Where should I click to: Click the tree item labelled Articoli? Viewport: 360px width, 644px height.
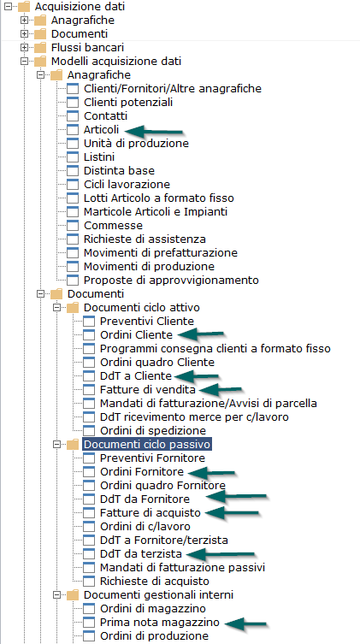pyautogui.click(x=102, y=130)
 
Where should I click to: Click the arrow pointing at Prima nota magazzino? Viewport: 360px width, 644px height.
pyautogui.click(x=246, y=623)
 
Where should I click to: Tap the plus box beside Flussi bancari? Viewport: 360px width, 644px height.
pyautogui.click(x=24, y=48)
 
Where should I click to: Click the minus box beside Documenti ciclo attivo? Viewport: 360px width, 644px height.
pyautogui.click(x=56, y=308)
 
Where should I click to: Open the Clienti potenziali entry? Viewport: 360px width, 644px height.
pyautogui.click(x=128, y=103)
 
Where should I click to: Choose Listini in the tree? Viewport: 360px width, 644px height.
pyautogui.click(x=99, y=157)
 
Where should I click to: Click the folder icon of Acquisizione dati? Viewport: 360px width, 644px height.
pyautogui.click(x=24, y=7)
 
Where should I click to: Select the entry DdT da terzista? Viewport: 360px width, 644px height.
pyautogui.click(x=141, y=553)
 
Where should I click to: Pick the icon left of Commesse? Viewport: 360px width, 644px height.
pyautogui.click(x=73, y=226)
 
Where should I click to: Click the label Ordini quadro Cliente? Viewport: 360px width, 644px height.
pyautogui.click(x=157, y=363)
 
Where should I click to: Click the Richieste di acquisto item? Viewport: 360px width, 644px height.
pyautogui.click(x=155, y=582)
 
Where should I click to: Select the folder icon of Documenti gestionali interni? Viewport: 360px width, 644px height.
pyautogui.click(x=73, y=594)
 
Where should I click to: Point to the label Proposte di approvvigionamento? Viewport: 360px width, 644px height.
pyautogui.click(x=171, y=281)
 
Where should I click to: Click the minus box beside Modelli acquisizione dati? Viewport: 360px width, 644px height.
pyautogui.click(x=24, y=62)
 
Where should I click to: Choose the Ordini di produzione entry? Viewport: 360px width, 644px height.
pyautogui.click(x=154, y=635)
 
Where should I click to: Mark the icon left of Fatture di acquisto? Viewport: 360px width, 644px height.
pyautogui.click(x=89, y=512)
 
